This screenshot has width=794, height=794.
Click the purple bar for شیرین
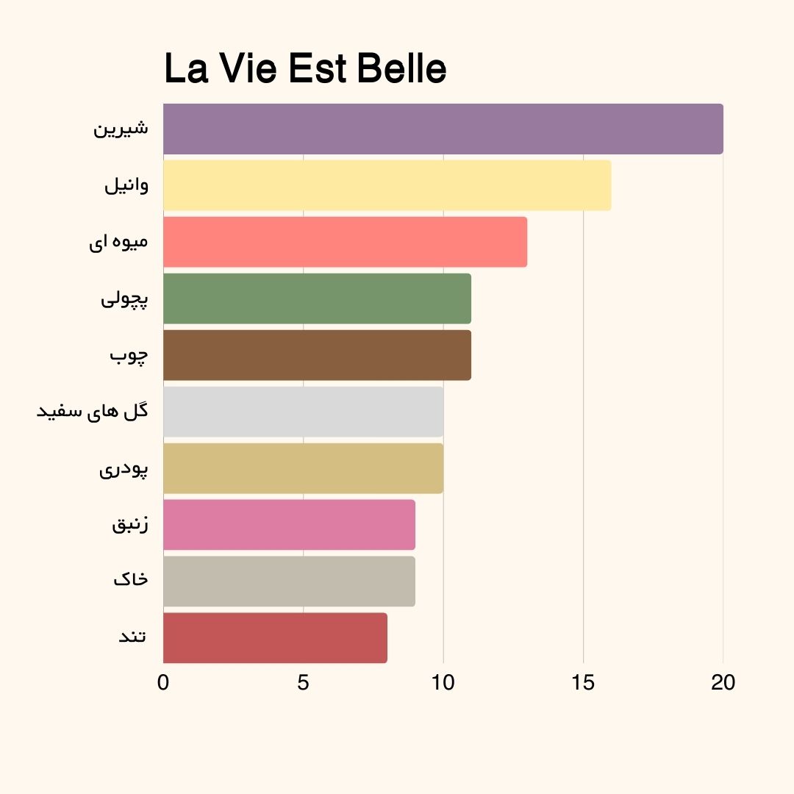443,129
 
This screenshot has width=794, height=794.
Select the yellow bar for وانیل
387,185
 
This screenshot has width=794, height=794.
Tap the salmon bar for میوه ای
345,242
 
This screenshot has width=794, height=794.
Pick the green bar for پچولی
317,298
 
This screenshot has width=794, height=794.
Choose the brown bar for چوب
317,355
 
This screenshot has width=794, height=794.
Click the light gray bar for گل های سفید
303,412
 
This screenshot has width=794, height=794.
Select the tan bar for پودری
303,468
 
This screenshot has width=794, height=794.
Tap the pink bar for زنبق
289,525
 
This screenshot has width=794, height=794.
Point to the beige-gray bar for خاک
289,582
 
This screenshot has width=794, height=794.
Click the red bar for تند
275,638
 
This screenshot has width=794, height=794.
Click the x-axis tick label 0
163,683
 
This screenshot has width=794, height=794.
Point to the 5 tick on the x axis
303,683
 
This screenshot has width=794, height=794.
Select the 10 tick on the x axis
443,683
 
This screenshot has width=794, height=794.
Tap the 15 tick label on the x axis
583,683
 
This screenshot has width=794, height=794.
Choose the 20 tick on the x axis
723,683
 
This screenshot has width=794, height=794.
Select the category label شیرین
121,129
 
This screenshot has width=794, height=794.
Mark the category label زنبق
130,525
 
